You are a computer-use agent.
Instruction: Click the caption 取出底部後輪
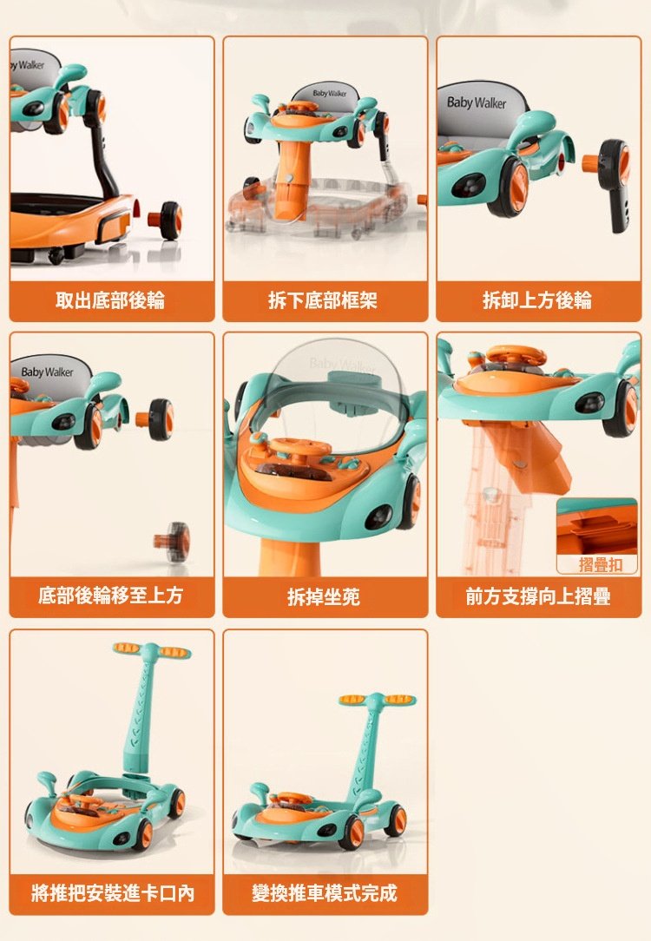110,300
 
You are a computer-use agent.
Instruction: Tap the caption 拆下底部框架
323,300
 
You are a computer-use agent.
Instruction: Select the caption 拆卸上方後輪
537,300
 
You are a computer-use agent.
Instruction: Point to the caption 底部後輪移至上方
110,596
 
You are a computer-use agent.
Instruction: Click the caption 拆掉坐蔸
324,596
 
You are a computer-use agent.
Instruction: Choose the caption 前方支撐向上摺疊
537,596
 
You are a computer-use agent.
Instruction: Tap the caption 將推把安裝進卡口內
112,893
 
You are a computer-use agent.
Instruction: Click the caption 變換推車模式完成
324,893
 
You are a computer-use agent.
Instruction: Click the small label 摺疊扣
600,564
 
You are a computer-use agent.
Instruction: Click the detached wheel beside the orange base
166,220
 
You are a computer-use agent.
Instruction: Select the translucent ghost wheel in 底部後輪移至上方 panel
172,542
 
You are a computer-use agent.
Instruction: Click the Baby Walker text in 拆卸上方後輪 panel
477,102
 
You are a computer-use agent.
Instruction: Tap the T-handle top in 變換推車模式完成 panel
377,700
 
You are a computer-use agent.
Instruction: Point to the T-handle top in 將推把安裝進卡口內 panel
152,650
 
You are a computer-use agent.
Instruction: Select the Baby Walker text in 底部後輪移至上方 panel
47,372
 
